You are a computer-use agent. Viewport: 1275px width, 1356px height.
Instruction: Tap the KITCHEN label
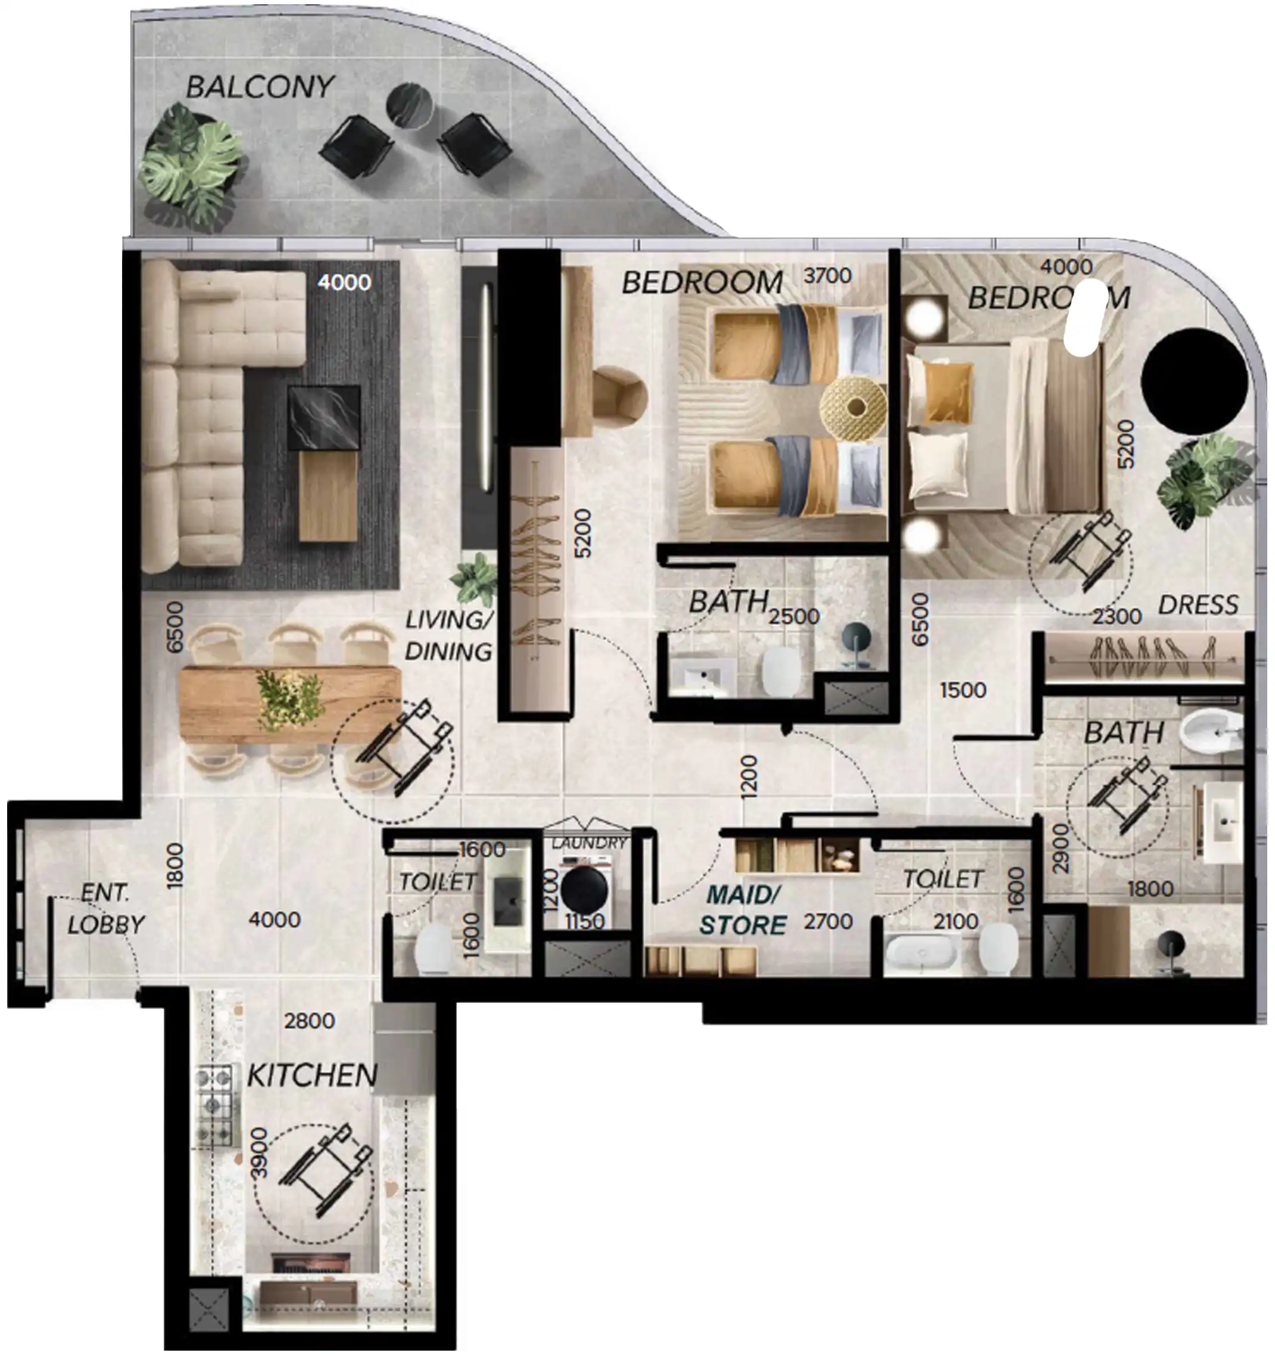click(x=311, y=1076)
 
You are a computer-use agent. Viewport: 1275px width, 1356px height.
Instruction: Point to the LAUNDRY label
click(x=589, y=843)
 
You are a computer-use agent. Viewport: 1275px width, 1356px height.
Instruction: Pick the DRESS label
click(x=1198, y=604)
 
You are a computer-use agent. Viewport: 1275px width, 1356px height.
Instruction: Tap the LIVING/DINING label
click(x=448, y=635)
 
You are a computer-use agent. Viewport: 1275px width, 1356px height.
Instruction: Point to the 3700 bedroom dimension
click(x=828, y=276)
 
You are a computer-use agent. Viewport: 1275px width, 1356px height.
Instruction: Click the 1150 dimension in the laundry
click(x=585, y=921)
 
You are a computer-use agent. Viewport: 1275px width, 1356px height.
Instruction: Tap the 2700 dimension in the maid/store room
click(x=828, y=921)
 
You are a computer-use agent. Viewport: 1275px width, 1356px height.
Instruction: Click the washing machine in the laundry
click(x=585, y=888)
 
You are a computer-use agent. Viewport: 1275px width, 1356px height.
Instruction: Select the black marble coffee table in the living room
click(x=324, y=417)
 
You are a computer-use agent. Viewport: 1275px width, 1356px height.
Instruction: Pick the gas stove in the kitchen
click(x=216, y=1106)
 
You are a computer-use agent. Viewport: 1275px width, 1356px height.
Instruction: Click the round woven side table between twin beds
click(x=853, y=407)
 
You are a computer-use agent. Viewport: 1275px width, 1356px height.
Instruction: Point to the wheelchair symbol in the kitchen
click(x=325, y=1170)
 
